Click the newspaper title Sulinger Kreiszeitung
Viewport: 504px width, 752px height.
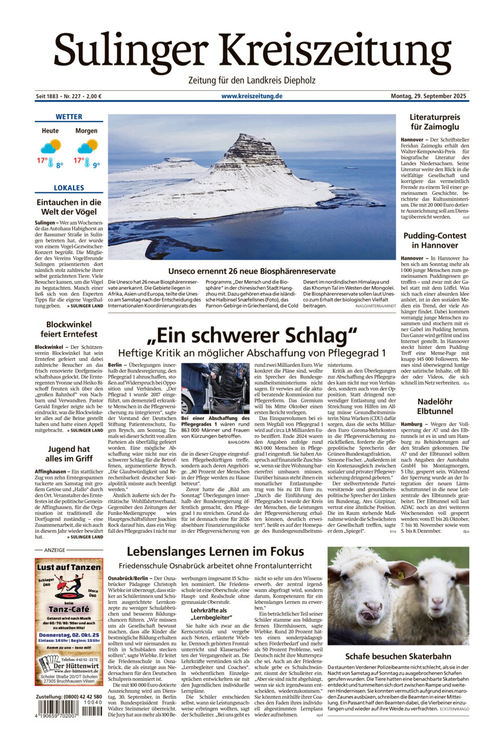(x=252, y=50)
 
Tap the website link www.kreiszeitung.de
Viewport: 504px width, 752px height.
(x=252, y=96)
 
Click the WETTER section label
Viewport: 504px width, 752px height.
(x=69, y=117)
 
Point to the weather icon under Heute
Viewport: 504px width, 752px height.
(x=51, y=146)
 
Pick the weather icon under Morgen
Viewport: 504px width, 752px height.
(x=87, y=146)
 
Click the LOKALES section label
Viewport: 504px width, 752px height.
(x=69, y=188)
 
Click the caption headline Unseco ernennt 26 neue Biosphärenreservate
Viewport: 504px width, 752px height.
(x=252, y=271)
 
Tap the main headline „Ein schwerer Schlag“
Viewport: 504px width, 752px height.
(x=252, y=336)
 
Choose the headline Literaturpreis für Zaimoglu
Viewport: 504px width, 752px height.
(x=435, y=122)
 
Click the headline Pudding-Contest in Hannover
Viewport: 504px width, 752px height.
(x=435, y=241)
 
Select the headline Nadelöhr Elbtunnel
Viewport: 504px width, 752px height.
(x=435, y=407)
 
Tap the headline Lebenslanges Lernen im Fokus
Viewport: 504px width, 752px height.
(x=215, y=552)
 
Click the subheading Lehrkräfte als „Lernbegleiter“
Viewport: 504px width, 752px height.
(x=209, y=614)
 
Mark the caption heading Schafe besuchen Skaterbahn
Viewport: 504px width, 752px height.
(x=398, y=657)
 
